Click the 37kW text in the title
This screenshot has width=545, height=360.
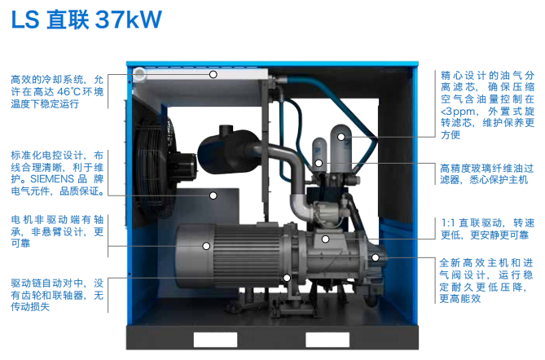[128, 20]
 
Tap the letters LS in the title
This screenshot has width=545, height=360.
[25, 20]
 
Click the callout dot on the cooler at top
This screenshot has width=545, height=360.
[213, 74]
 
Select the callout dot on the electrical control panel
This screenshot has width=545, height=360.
[213, 195]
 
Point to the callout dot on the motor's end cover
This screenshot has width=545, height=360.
[206, 246]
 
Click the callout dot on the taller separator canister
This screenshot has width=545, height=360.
[341, 137]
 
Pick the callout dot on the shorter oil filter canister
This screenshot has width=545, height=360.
[319, 163]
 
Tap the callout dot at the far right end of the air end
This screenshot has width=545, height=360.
[376, 257]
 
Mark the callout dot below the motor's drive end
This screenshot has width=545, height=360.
[287, 278]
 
